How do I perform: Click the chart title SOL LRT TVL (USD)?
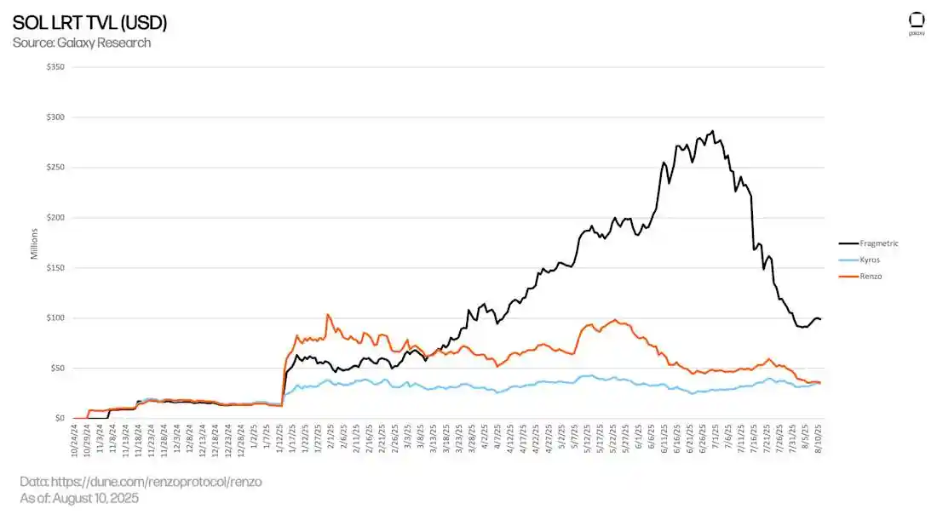89,23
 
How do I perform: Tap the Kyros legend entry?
868,260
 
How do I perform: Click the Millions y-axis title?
35,243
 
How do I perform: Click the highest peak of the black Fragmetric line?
712,131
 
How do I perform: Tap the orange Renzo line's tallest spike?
328,314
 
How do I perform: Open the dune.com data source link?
141,482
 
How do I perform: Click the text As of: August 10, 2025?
79,498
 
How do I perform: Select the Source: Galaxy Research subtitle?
82,43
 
